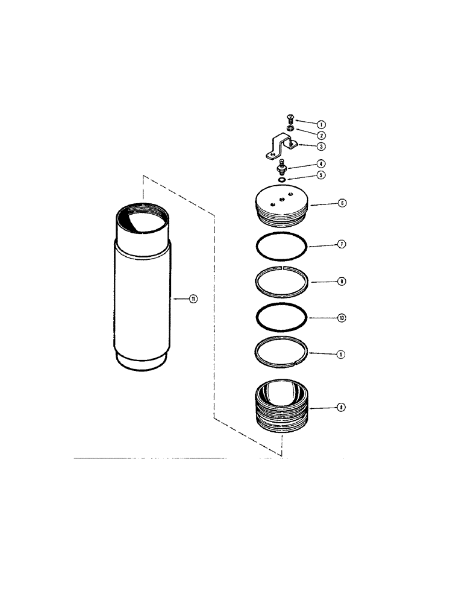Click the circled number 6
click(x=342, y=204)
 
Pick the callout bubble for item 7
click(x=342, y=245)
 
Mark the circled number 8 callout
click(x=342, y=408)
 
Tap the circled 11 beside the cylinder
click(x=193, y=298)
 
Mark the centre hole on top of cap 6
click(x=281, y=200)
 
